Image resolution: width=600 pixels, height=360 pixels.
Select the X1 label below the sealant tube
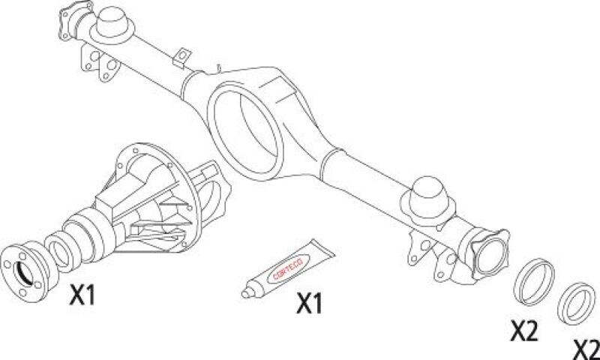point(310,304)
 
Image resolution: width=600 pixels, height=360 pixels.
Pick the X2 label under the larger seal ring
point(524,331)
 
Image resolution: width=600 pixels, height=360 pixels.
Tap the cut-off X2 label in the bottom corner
point(586,349)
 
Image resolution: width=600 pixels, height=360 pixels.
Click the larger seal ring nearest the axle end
point(534,282)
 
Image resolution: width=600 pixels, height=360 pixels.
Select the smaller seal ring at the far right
point(576,304)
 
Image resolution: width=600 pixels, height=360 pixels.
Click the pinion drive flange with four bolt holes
point(25,271)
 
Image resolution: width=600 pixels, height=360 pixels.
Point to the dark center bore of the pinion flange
point(22,273)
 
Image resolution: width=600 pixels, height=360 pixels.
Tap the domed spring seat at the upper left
point(112,24)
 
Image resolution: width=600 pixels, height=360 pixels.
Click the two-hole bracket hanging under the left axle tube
point(100,64)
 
